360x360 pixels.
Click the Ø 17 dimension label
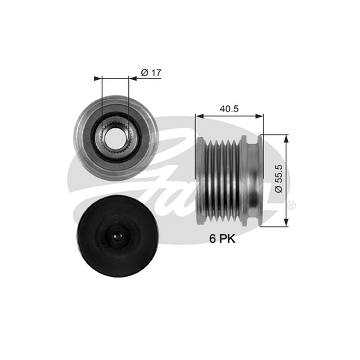pos(151,73)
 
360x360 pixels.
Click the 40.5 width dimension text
pos(229,108)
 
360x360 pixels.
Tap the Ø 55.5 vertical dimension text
pos(279,179)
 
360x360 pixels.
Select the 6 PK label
pos(222,239)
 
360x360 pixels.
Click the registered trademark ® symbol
pos(291,205)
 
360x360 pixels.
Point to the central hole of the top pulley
pos(114,138)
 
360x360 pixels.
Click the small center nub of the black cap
pos(117,237)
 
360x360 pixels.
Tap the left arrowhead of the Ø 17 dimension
pos(98,78)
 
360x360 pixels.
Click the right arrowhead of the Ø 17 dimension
pos(133,78)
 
